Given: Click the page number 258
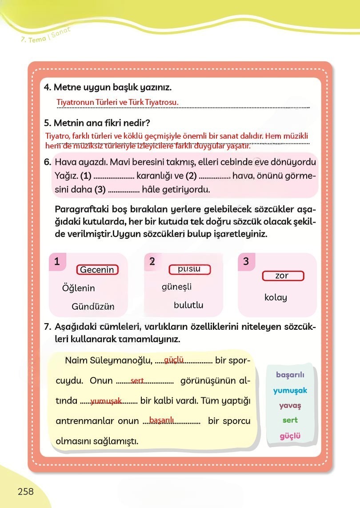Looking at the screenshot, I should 26,491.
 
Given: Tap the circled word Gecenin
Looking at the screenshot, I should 97,270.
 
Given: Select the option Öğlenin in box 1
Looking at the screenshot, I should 79,288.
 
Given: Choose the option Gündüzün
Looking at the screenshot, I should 93,307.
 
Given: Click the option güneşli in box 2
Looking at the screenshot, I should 176,287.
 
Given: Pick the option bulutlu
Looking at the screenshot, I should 188,305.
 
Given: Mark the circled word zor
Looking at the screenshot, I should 282,276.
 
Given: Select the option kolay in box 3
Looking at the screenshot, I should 276,297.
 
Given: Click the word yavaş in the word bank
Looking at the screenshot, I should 290,405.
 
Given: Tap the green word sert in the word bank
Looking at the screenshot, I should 290,420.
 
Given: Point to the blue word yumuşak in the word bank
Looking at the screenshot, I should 290,390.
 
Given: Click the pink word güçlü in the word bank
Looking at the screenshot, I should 290,436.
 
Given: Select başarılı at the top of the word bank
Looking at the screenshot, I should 290,375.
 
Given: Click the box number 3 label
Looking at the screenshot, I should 246,262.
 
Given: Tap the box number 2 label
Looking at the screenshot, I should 152,261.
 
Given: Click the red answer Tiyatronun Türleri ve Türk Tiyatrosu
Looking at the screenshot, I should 117,102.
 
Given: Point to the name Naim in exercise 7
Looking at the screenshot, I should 76,360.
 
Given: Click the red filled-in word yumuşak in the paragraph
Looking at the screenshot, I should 106,401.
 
